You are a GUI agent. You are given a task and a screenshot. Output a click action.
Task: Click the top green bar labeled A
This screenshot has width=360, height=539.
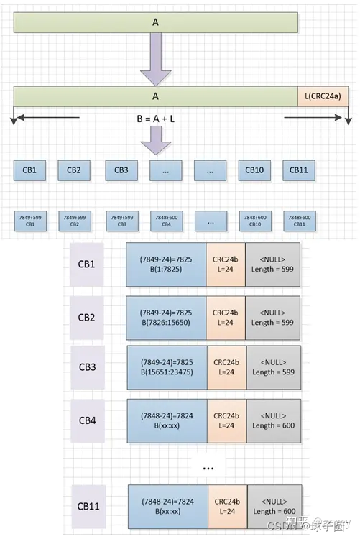click(155, 22)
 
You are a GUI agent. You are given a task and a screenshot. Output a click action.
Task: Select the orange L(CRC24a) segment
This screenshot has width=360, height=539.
click(323, 96)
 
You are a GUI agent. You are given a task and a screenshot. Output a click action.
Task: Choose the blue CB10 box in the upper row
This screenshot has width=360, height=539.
click(254, 170)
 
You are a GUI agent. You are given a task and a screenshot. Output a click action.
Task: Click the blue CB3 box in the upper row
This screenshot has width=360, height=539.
click(121, 170)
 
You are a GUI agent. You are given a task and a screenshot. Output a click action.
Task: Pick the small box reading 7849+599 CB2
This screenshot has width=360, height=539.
click(74, 220)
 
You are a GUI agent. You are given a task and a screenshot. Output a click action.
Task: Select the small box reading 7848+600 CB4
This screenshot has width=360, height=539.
click(165, 220)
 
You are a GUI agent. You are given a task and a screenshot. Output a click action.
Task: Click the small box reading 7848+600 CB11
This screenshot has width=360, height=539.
click(300, 220)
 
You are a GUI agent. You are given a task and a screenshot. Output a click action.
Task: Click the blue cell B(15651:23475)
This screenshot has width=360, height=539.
click(166, 367)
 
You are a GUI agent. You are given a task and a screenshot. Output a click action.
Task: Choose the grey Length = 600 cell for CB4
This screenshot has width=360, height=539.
click(273, 420)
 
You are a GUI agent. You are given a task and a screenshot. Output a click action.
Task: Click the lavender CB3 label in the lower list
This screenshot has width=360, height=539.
click(87, 367)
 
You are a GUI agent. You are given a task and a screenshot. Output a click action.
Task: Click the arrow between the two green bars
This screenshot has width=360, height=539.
click(155, 60)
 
